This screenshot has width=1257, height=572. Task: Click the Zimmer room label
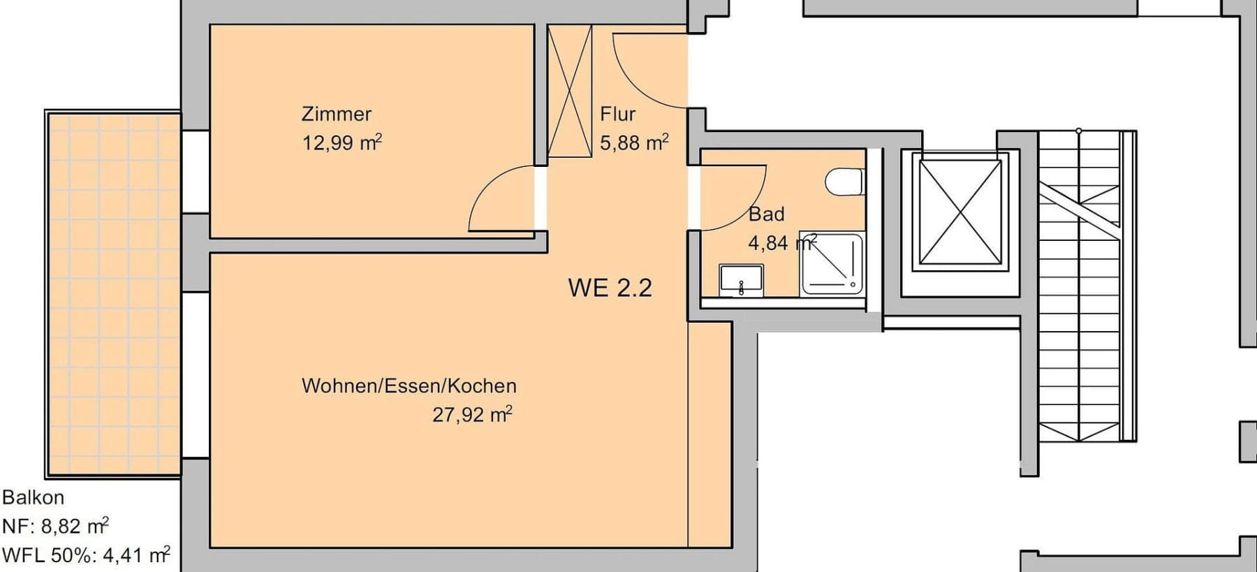point(336,114)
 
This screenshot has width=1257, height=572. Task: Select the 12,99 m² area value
point(341,143)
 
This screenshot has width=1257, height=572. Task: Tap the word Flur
point(617,114)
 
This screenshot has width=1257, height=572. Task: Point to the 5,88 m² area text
point(634,142)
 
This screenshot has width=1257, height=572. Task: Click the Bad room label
point(766,214)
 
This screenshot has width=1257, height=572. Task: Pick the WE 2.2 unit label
point(610,288)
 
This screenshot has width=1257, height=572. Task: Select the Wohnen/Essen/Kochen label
point(409,386)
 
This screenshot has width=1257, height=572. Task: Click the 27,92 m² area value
point(472,415)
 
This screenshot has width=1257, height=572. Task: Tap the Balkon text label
point(33,497)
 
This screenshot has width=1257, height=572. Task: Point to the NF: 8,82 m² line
point(55,526)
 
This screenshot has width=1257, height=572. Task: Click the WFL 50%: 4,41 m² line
point(85,555)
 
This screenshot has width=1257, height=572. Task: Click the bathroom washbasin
point(741,281)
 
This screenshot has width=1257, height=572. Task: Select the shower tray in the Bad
point(831,263)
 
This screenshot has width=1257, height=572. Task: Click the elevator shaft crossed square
point(960,212)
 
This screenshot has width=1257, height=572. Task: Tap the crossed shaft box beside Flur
point(569,91)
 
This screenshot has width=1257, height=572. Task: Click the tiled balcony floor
point(113,293)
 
